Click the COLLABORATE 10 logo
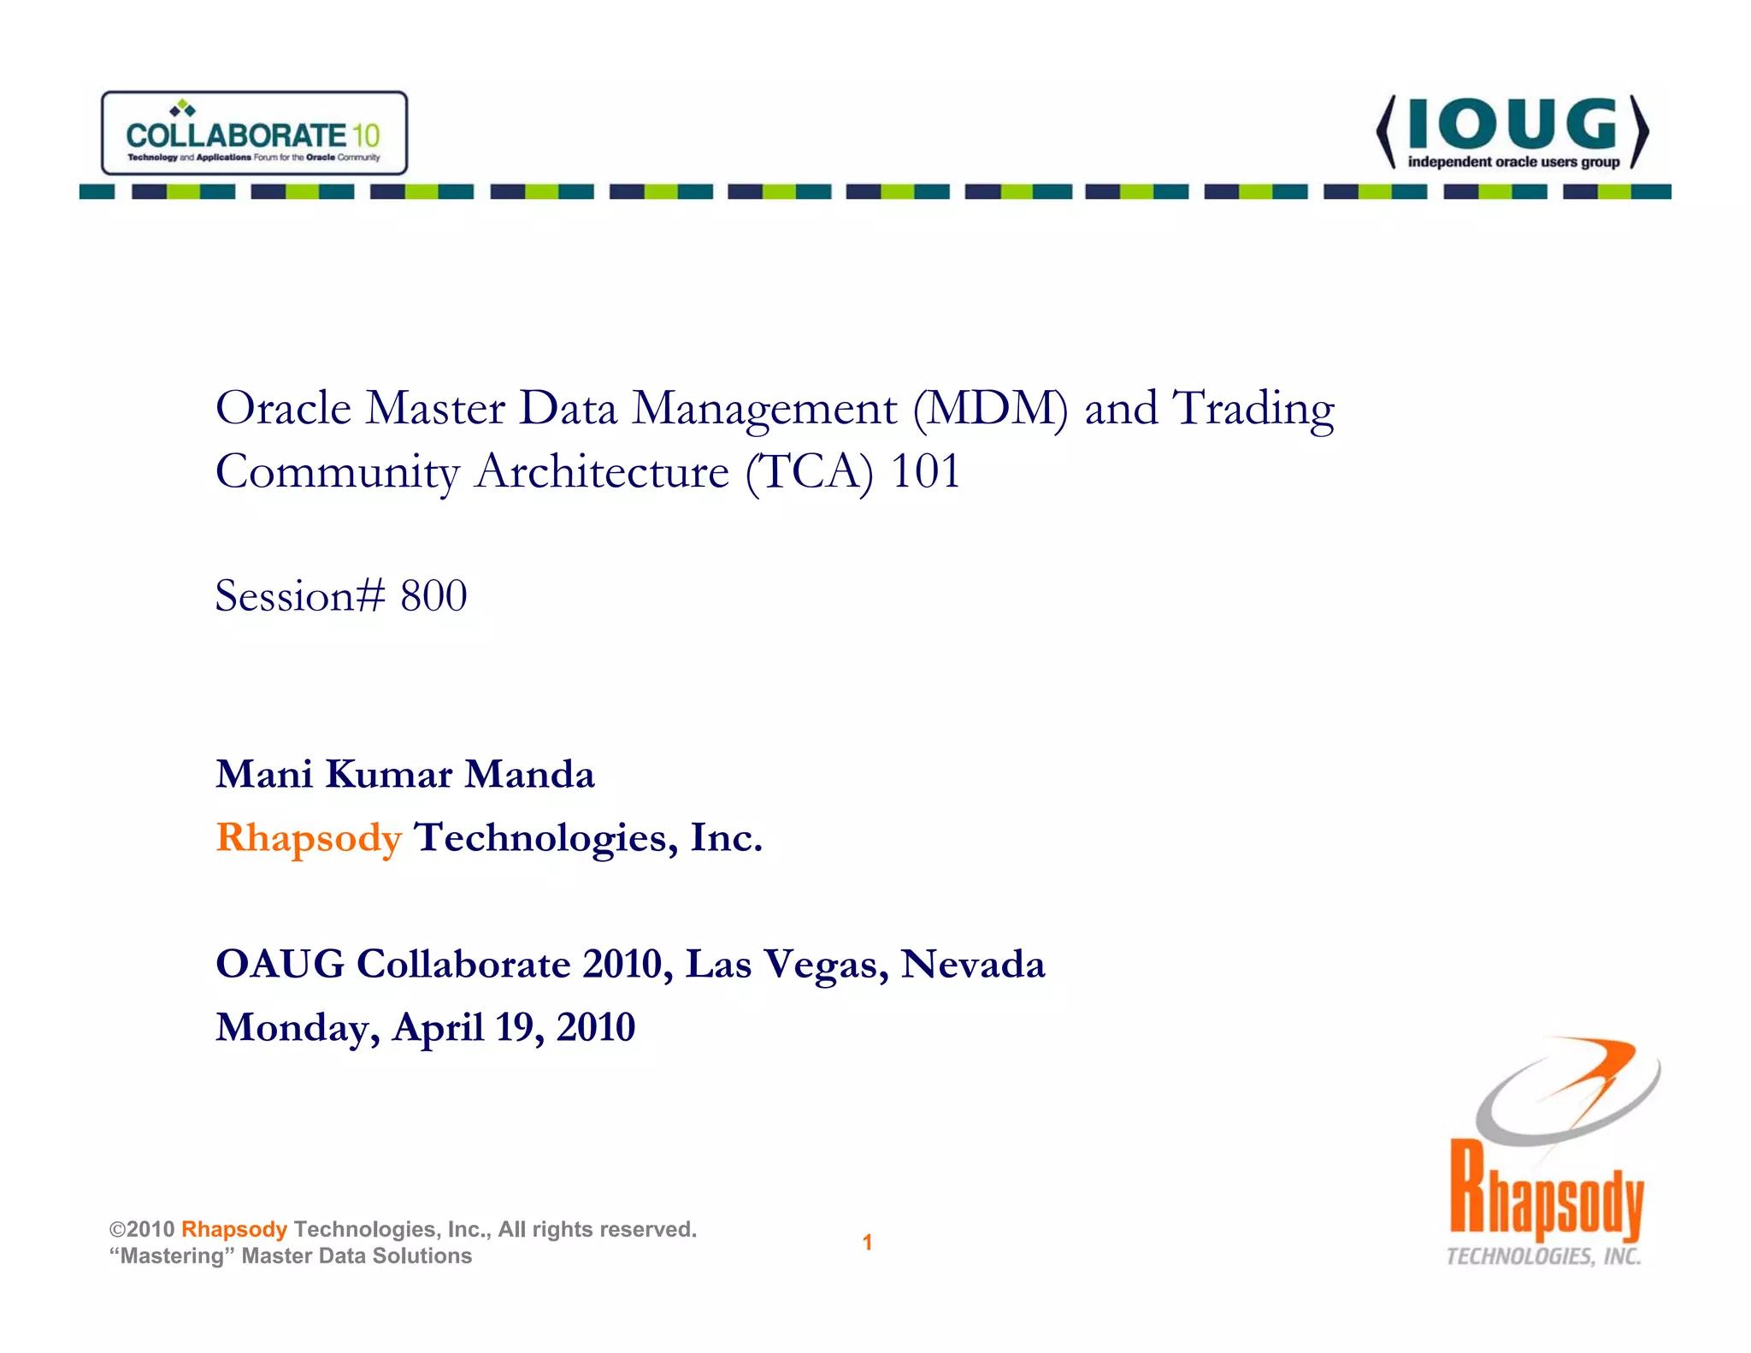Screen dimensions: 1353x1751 coord(254,133)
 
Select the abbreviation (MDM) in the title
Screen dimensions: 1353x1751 coord(990,409)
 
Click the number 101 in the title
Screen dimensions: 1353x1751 coord(926,471)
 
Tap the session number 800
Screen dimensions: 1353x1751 coord(433,596)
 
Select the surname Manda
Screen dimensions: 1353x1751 coord(529,774)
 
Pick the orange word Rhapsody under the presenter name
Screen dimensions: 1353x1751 coord(309,838)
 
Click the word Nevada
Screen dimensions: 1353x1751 coord(973,965)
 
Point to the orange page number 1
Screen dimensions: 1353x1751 coord(867,1243)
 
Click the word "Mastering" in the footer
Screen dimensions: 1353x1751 coord(172,1256)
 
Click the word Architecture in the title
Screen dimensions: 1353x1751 coord(602,472)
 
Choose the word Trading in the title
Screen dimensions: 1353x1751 coord(1253,409)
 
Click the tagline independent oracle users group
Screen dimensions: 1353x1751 coord(1513,162)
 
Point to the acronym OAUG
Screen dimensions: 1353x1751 coord(280,965)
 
